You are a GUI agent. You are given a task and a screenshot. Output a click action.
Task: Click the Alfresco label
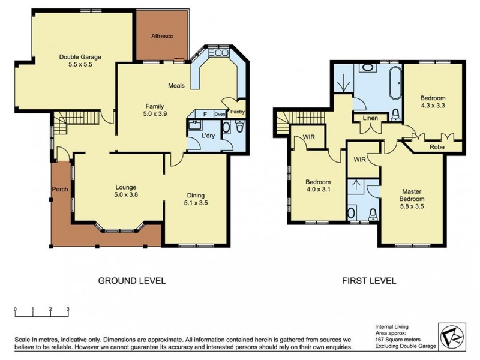point(162,37)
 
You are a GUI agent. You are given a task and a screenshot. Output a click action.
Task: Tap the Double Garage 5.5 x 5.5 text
point(80,61)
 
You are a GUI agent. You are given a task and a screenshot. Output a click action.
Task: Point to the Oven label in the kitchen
point(220,114)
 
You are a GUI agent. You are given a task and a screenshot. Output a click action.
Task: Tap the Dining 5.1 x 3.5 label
point(196,199)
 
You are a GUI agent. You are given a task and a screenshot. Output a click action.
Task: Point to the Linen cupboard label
point(371,119)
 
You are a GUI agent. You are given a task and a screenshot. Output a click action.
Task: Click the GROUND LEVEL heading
point(131,280)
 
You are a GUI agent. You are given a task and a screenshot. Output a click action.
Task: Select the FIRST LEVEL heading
point(368,280)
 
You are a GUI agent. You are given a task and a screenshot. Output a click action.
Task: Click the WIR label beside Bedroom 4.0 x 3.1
point(310,137)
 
